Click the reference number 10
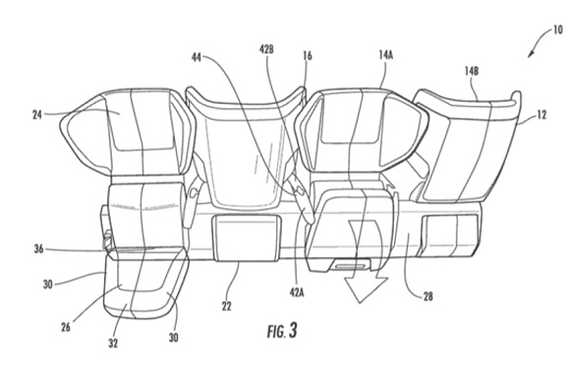click(558, 29)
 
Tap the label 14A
click(386, 55)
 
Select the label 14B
click(472, 71)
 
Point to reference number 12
click(541, 115)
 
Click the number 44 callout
click(197, 57)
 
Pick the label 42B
click(266, 49)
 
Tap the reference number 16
click(308, 56)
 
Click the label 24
click(37, 115)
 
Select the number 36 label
click(39, 249)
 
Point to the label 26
click(66, 327)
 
